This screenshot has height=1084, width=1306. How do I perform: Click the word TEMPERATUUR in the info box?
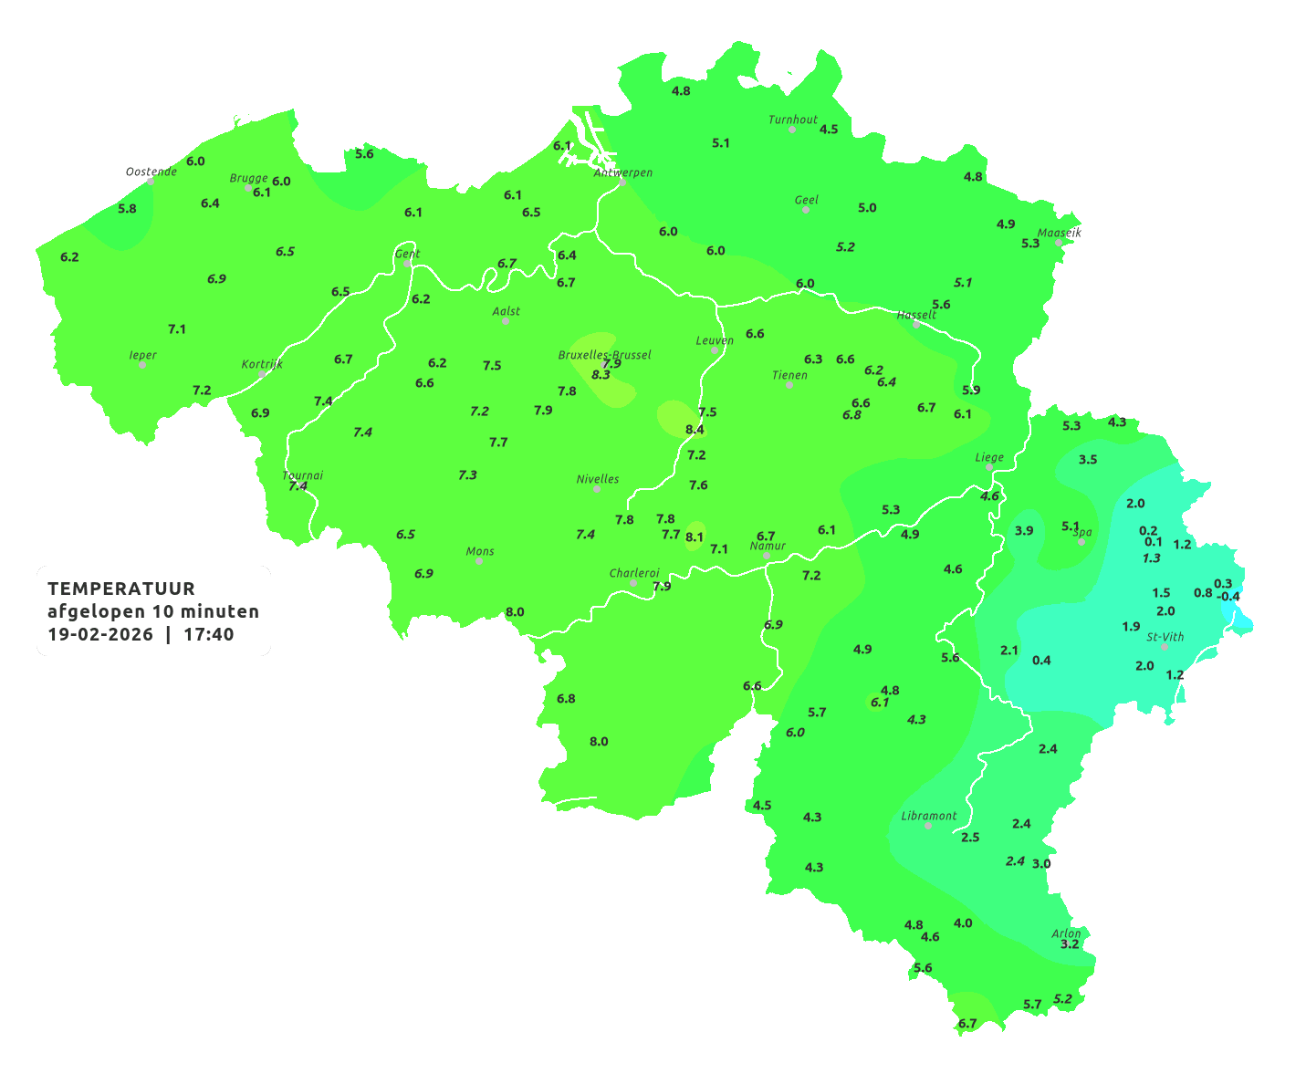[x=121, y=589]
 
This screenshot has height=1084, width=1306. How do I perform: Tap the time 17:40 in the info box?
[x=208, y=634]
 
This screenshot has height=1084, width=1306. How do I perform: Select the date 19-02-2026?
[x=100, y=634]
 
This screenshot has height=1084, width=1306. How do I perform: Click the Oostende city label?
[x=151, y=172]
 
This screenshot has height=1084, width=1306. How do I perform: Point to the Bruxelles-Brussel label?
[x=604, y=354]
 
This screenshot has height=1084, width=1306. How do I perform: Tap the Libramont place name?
[x=928, y=816]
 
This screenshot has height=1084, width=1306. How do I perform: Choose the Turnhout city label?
[x=792, y=120]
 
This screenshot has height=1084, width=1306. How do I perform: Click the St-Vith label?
[x=1165, y=637]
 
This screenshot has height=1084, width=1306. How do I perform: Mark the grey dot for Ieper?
[x=142, y=365]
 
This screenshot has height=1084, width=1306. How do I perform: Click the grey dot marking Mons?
[x=479, y=561]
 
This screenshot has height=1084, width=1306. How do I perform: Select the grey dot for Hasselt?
[x=916, y=325]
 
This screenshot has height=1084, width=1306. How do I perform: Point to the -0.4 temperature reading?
[x=1228, y=597]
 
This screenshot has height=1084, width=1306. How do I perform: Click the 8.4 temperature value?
[x=695, y=429]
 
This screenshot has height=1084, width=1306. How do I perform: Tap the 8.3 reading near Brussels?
[x=601, y=374]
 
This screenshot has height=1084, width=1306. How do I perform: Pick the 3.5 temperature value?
[x=1088, y=459]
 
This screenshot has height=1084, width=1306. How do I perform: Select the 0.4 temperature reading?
[x=1041, y=660]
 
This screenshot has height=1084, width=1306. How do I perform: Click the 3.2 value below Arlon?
[x=1070, y=944]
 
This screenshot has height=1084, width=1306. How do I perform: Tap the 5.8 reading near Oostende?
[x=127, y=208]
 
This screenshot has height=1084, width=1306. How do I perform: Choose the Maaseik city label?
[x=1059, y=233]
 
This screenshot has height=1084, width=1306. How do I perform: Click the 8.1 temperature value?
[x=695, y=537]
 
